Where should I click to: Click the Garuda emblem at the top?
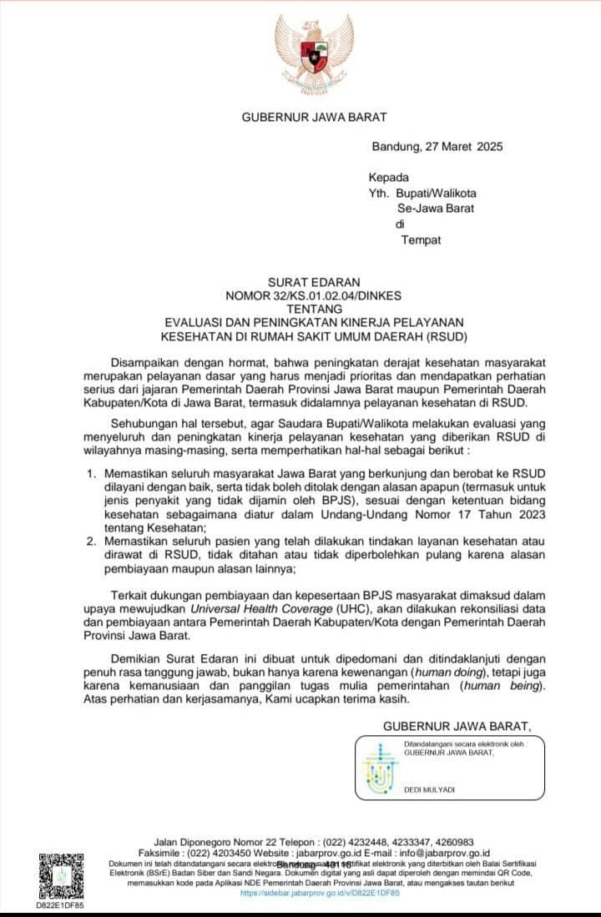[x=310, y=53]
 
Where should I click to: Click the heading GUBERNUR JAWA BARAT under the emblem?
[x=314, y=118]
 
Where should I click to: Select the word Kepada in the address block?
[x=389, y=177]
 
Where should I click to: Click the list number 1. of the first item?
[x=93, y=474]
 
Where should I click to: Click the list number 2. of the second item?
[x=93, y=542]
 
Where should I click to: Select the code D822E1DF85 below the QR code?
[x=60, y=904]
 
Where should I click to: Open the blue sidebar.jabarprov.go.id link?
[x=320, y=893]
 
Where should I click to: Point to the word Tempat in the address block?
[x=421, y=240]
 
